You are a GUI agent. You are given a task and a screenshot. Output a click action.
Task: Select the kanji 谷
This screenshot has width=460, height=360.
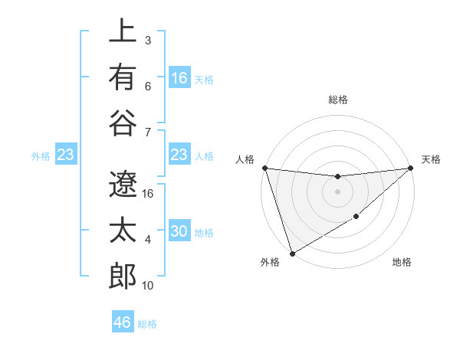coord(122,123)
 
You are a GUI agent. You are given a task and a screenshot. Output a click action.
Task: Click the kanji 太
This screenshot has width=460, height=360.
coord(122,231)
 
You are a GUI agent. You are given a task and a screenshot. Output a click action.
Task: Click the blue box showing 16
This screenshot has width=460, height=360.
coord(179,78)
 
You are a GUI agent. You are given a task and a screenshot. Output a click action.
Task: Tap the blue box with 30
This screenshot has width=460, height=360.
coord(179,232)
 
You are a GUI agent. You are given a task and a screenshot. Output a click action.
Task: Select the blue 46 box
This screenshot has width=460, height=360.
coord(123,322)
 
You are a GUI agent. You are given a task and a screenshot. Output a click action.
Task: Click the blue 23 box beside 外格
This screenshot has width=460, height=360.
coord(66,155)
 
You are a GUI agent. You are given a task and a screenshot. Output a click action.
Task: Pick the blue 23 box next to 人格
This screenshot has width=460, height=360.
coord(179,155)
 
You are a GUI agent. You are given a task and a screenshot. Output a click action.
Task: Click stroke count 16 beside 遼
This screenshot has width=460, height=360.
coord(149,193)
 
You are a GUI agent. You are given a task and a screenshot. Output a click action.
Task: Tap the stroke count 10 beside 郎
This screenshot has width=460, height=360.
coord(149,286)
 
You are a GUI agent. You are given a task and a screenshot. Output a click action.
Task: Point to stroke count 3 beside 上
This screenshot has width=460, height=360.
coord(148,39)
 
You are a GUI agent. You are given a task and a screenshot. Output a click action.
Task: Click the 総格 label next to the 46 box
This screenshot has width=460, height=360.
coord(148,324)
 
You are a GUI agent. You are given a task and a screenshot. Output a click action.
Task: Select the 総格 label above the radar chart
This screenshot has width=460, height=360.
coord(337,100)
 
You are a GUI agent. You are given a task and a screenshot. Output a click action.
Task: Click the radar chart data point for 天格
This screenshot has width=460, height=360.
coord(411,168)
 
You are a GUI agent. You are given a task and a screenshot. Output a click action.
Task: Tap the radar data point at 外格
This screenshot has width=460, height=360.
coord(292,254)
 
